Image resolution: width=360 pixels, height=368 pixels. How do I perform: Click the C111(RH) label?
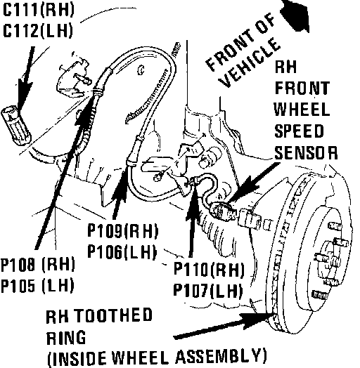pos(38,10)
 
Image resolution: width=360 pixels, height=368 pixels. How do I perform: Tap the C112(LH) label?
pos(37,30)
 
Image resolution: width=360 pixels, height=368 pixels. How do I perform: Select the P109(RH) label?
pos(122,231)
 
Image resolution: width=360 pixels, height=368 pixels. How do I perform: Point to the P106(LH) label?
pos(122,252)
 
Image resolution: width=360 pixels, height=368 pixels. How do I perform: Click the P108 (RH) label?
pos(37,265)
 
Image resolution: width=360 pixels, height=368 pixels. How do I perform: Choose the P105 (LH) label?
pos(37,286)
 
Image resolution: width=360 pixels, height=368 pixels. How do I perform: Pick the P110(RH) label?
pos(209,269)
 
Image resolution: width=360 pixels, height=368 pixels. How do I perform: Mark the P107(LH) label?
pos(207,290)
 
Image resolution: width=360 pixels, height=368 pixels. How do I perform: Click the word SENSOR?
pos(306,152)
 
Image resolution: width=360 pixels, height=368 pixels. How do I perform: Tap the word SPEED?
pos(299,131)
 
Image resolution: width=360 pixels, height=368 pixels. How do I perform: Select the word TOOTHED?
pos(114,315)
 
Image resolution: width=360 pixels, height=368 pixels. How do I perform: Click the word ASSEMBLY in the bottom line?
pos(221,357)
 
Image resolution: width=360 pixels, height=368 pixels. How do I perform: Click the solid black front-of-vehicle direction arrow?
pos(295,15)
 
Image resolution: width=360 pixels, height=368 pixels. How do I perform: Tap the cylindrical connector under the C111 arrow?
pos(16,126)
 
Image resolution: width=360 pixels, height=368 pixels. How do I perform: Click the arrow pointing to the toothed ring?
pos(223,327)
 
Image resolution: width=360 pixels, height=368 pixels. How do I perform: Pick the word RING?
pos(66,338)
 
